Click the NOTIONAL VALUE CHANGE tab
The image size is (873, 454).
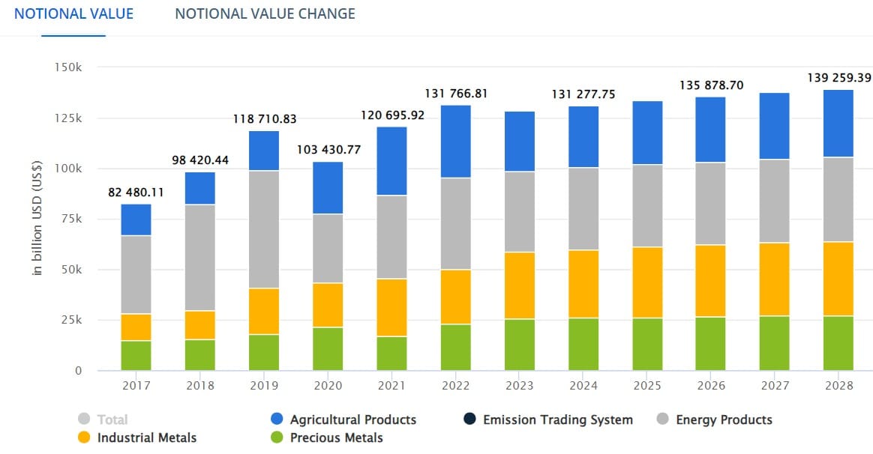click(x=265, y=13)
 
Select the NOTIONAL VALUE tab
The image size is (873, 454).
click(x=73, y=13)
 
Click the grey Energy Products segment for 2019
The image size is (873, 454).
click(x=263, y=229)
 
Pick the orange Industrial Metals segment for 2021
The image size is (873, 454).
click(x=391, y=307)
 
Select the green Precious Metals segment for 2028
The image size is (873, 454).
click(x=838, y=343)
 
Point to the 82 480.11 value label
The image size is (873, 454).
click(x=136, y=193)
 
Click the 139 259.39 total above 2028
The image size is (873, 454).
click(x=838, y=78)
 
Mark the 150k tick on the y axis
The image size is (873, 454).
click(x=68, y=67)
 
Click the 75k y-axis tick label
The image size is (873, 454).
click(x=71, y=219)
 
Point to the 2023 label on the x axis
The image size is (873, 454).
click(x=519, y=385)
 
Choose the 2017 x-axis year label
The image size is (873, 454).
click(x=136, y=385)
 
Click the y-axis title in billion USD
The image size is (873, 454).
click(x=37, y=219)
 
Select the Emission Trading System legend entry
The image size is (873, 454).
click(x=557, y=420)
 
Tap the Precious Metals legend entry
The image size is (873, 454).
click(x=336, y=438)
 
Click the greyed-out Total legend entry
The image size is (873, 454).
click(x=112, y=420)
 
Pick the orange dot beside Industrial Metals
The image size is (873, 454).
click(x=84, y=438)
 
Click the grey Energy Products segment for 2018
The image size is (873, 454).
click(x=199, y=257)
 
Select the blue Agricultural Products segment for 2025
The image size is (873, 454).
click(x=647, y=133)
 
